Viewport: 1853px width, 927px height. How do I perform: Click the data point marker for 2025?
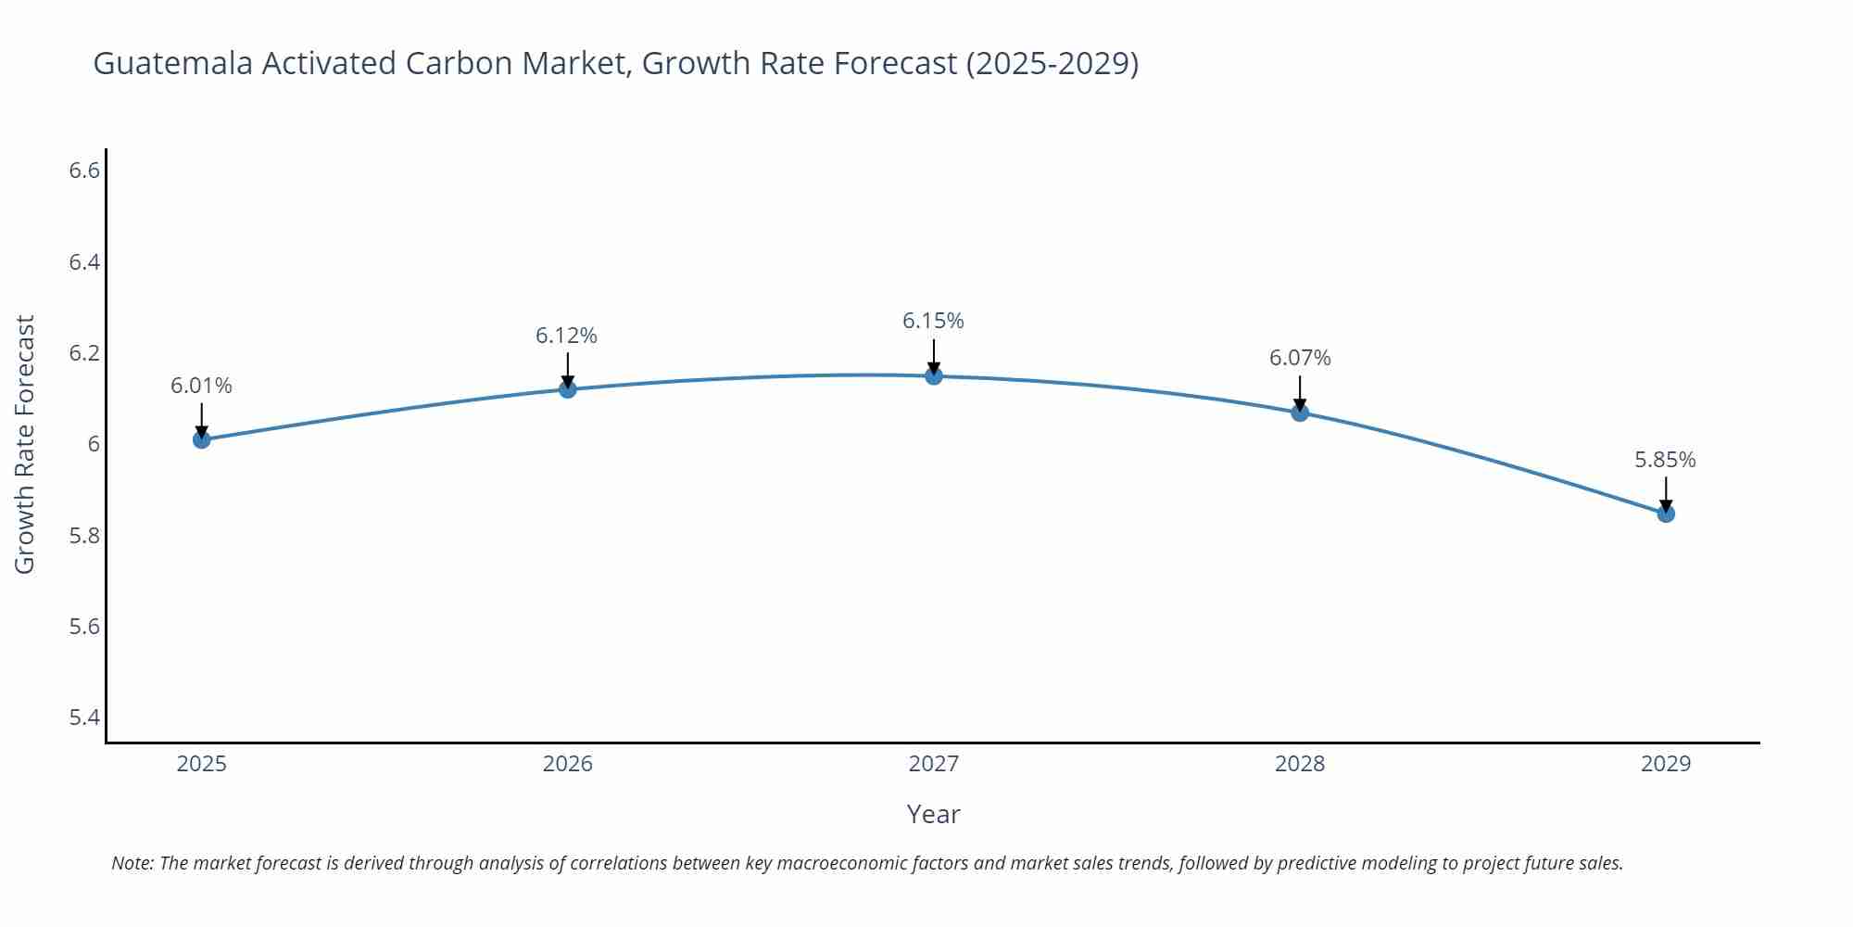(x=201, y=439)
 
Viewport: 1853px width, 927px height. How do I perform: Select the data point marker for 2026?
(x=568, y=389)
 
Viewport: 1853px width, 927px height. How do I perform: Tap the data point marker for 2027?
(x=934, y=375)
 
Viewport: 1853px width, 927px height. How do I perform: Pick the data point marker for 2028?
(x=1300, y=413)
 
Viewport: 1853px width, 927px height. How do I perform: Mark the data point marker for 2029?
(x=1666, y=514)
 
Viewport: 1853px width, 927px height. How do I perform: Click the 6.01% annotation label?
(x=201, y=386)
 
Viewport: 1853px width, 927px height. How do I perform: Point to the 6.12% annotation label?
(x=566, y=336)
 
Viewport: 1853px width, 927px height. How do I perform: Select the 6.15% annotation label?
(x=933, y=321)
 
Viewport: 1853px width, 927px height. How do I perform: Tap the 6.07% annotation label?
(x=1300, y=358)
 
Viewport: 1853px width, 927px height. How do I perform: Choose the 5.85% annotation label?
(x=1665, y=460)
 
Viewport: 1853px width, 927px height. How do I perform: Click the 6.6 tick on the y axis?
(x=84, y=171)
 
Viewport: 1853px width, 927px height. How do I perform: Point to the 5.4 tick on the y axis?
(x=84, y=717)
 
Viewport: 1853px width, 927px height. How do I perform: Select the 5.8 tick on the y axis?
(x=84, y=536)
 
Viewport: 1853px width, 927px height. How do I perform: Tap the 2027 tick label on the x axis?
(x=934, y=764)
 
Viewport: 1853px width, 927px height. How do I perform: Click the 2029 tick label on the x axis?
(x=1666, y=764)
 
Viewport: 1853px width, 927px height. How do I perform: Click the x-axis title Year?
(x=933, y=814)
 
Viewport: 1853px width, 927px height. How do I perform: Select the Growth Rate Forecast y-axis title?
(x=25, y=444)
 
